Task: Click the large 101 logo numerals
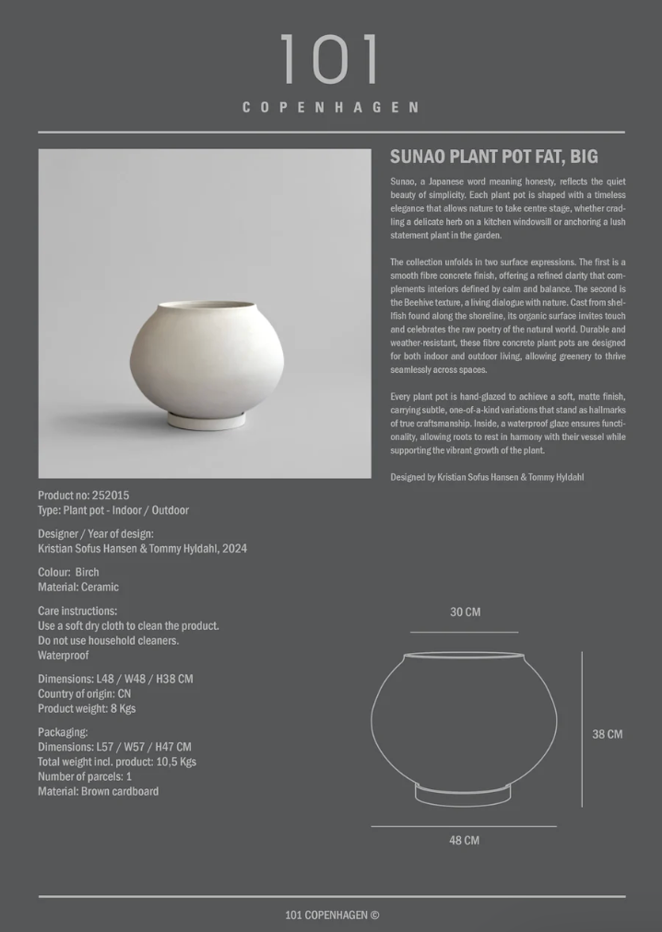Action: (x=330, y=61)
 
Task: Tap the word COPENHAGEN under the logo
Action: (x=330, y=108)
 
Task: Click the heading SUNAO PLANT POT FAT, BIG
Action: (x=494, y=157)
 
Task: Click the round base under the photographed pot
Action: (x=207, y=420)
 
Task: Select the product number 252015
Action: (x=112, y=495)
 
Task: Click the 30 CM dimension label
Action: (x=465, y=612)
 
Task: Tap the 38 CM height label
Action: (x=607, y=734)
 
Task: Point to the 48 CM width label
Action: (x=464, y=840)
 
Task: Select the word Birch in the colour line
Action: (x=87, y=572)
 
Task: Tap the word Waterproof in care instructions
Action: (x=64, y=655)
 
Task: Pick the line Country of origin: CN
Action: (x=84, y=693)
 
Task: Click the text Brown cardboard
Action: (x=120, y=791)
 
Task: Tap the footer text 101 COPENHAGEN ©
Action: (x=332, y=915)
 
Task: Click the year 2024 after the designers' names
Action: (x=234, y=548)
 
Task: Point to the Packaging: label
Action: (x=63, y=732)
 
